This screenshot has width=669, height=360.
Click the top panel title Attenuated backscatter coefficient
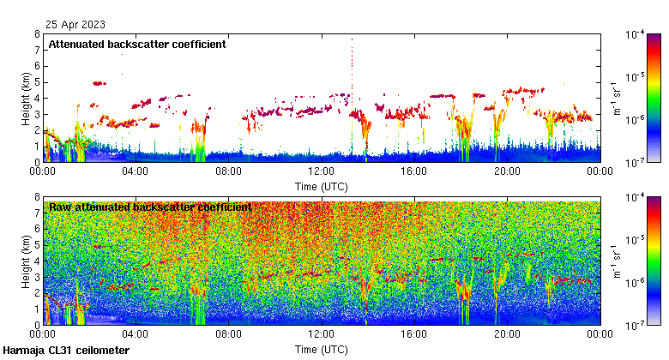137,45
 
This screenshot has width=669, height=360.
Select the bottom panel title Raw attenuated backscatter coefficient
150,207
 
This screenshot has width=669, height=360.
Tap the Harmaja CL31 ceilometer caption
66,351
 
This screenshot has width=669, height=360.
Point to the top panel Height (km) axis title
26,98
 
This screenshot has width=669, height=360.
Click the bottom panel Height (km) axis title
26,261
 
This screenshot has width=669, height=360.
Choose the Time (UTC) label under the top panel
322,186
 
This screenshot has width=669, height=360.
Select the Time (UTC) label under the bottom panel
322,350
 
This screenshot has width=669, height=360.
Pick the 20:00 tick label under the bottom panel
507,335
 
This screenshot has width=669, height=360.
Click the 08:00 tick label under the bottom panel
228,335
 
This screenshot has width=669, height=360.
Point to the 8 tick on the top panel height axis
37,34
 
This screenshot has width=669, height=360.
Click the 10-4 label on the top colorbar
636,35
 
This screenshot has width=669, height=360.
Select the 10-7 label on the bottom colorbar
636,325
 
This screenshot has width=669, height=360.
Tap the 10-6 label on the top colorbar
636,120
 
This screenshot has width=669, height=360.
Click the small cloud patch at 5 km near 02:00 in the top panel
99,83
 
